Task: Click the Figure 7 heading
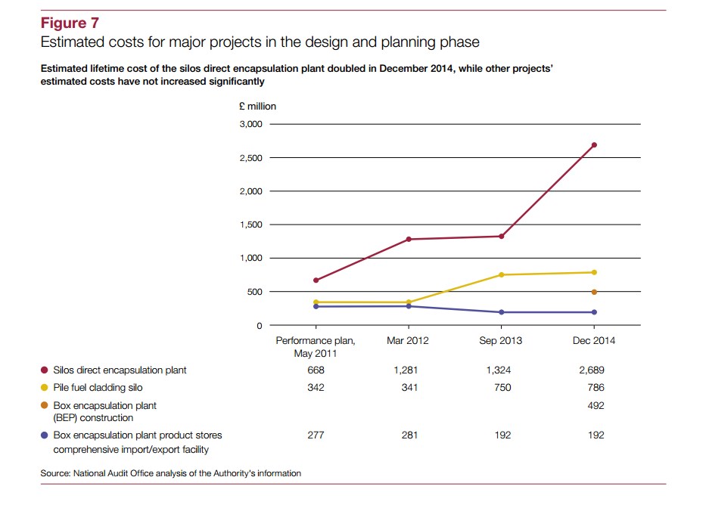[70, 23]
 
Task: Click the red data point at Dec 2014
[594, 144]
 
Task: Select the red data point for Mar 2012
[409, 239]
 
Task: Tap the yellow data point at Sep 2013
[501, 274]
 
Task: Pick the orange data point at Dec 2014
[594, 292]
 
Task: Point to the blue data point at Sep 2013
[501, 312]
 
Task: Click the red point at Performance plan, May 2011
[316, 280]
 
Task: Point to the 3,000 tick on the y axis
[250, 124]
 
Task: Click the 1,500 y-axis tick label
[250, 225]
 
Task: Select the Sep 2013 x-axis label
[500, 341]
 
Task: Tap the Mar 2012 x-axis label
[408, 341]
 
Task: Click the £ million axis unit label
[257, 107]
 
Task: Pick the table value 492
[595, 405]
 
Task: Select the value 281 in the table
[408, 435]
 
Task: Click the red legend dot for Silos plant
[44, 370]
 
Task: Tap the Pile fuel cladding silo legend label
[98, 388]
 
